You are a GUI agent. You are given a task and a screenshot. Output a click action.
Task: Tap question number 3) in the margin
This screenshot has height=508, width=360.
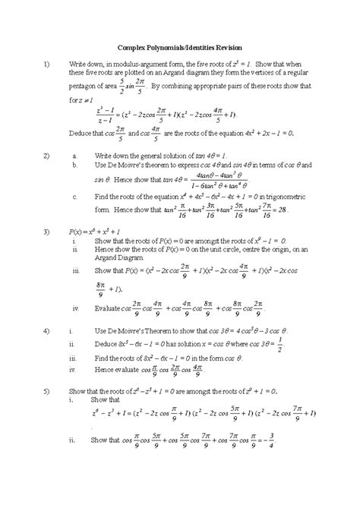46,230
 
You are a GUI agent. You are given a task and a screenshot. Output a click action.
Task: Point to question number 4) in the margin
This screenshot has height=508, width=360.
46,332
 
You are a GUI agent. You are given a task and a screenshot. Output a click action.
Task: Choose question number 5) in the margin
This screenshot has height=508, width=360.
46,390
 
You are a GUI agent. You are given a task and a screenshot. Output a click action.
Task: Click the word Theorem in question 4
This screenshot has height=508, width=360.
179,332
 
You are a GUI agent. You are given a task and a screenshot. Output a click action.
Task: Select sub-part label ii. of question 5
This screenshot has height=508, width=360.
71,440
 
